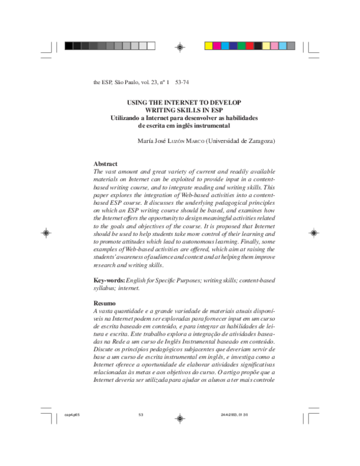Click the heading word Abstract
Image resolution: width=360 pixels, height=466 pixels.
coord(106,164)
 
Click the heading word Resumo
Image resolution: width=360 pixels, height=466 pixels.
coord(105,304)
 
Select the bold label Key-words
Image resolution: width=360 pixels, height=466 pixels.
coord(109,280)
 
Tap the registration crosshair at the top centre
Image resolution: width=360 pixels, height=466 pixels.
coord(179,46)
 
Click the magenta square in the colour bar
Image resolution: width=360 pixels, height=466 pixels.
coord(217,45)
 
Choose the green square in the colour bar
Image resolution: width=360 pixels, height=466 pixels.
coord(241,45)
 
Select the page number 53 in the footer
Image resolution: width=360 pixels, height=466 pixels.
coord(141,415)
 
